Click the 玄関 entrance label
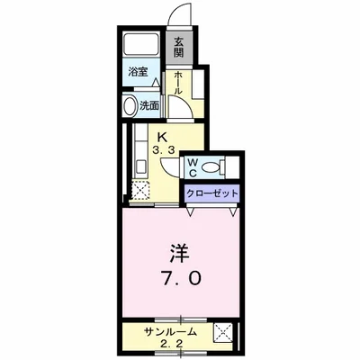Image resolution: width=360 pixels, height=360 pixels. click(178, 44)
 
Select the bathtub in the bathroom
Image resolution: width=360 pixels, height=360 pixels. click(140, 44)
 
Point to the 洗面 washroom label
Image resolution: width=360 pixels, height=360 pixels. click(149, 104)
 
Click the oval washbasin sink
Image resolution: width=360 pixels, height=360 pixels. click(130, 104)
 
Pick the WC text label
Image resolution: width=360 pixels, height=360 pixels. click(192, 166)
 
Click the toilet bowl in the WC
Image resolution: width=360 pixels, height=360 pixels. click(211, 167)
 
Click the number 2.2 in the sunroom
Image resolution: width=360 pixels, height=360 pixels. click(171, 343)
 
